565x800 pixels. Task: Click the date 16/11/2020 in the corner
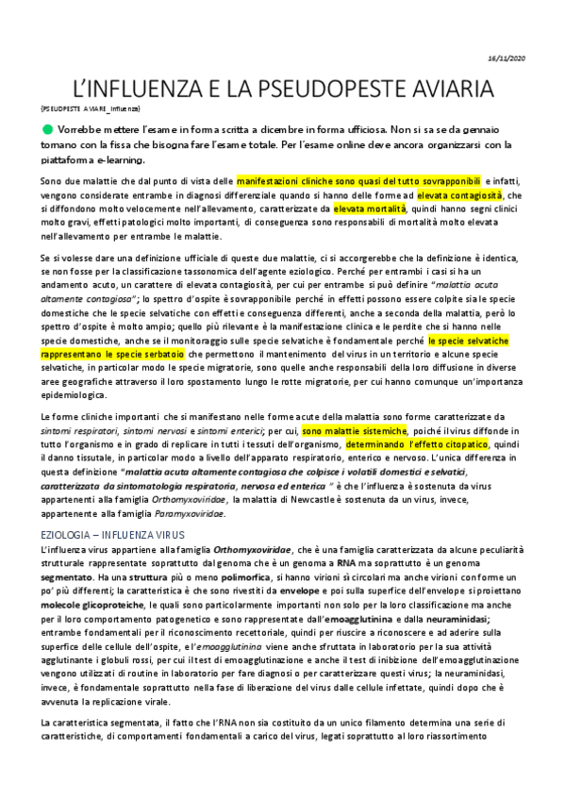click(531, 58)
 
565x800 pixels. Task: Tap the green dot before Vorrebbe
click(46, 127)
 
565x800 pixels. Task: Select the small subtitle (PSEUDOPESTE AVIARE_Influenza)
click(90, 108)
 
